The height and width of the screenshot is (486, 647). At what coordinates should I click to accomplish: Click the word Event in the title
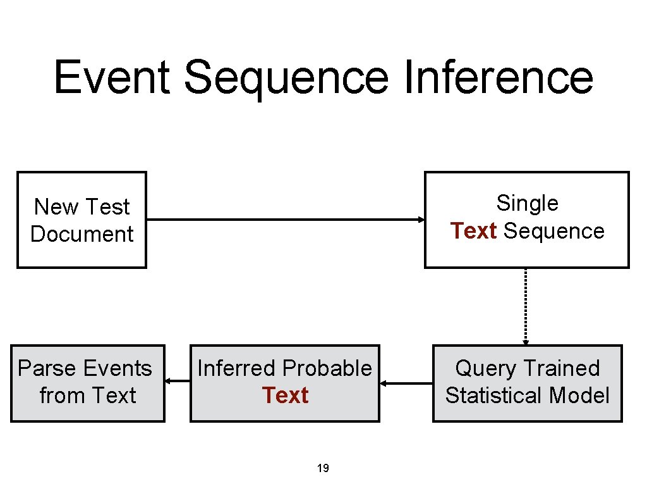[x=112, y=77]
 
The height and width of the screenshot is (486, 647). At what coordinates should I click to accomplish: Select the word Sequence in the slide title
[x=286, y=77]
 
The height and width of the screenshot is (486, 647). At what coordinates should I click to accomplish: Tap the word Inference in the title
[x=497, y=77]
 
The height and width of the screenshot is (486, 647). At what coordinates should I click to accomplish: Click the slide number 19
[x=323, y=468]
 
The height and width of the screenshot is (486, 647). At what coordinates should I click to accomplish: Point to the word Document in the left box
[x=82, y=234]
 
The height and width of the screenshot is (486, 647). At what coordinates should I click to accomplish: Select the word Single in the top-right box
[x=527, y=203]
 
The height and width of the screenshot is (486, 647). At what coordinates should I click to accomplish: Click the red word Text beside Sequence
[x=474, y=231]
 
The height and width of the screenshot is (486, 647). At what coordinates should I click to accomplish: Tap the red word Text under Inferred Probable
[x=285, y=396]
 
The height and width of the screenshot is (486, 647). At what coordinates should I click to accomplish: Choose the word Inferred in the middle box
[x=238, y=368]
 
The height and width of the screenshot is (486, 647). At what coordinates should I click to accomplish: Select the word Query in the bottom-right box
[x=483, y=368]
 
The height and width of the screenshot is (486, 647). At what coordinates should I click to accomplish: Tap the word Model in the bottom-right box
[x=579, y=396]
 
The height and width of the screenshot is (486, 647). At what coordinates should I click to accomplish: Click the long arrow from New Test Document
[x=284, y=220]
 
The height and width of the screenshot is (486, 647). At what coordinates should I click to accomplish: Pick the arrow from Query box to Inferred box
[x=406, y=383]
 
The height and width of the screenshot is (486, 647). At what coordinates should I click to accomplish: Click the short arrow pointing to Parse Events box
[x=178, y=381]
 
